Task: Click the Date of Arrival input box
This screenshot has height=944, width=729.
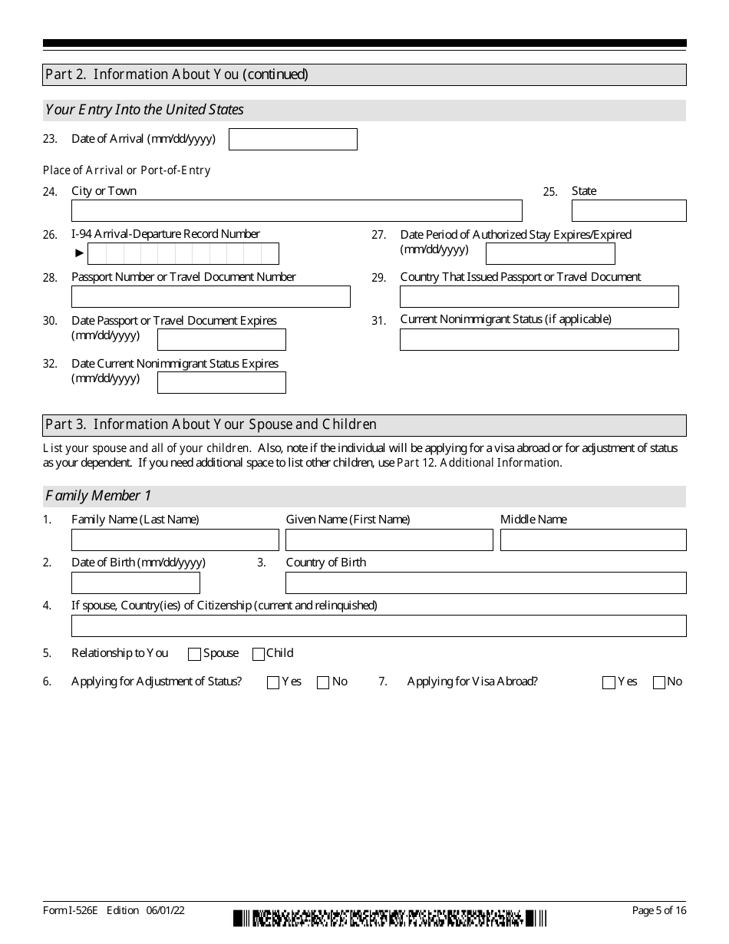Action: click(x=293, y=139)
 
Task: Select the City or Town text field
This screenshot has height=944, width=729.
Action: click(x=296, y=210)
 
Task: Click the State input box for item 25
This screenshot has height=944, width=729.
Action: click(x=628, y=210)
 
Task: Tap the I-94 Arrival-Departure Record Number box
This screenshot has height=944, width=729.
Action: click(x=183, y=253)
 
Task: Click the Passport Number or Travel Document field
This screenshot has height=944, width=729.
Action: click(x=210, y=296)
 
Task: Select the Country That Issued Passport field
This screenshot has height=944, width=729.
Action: click(x=539, y=296)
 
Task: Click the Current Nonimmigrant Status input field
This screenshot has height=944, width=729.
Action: click(x=539, y=339)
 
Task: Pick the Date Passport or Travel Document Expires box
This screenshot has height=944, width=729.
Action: click(x=221, y=339)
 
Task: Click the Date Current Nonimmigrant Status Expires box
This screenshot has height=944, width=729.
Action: click(x=221, y=382)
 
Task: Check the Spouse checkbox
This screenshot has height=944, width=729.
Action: click(x=194, y=654)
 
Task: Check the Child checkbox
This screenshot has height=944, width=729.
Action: click(x=259, y=654)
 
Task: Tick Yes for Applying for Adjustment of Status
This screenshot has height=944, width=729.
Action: click(x=273, y=682)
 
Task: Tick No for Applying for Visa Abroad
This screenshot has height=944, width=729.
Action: click(x=658, y=682)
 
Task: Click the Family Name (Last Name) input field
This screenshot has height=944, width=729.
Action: click(x=175, y=540)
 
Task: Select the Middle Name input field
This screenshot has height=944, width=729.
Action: click(x=593, y=540)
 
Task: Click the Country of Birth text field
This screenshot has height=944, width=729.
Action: click(x=486, y=583)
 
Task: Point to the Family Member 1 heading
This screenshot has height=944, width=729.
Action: click(x=98, y=496)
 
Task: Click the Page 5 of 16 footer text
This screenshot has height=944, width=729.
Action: click(x=658, y=910)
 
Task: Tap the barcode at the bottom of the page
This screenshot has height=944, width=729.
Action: click(x=390, y=918)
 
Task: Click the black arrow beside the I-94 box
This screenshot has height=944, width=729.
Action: click(x=79, y=253)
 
